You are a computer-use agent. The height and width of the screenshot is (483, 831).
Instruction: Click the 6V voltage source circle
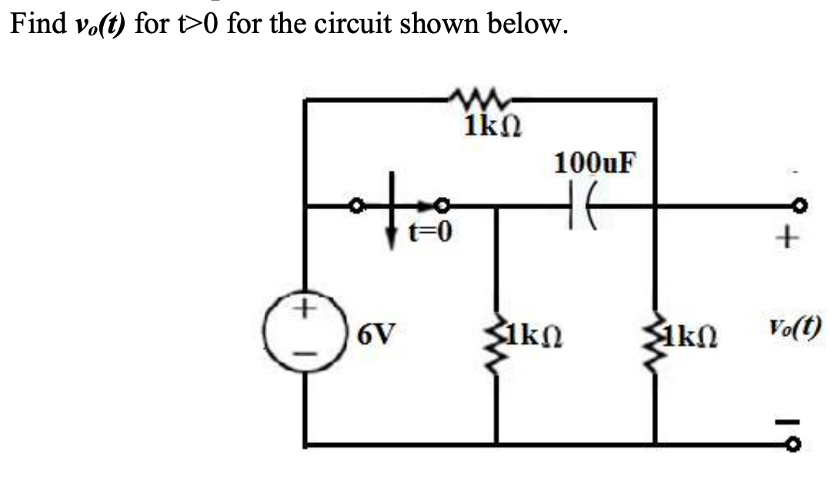(x=306, y=331)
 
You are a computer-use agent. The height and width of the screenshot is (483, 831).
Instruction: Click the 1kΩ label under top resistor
(x=492, y=125)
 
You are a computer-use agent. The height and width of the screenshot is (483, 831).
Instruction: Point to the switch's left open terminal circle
(x=355, y=206)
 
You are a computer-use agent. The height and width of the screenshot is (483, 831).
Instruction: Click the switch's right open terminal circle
(x=442, y=206)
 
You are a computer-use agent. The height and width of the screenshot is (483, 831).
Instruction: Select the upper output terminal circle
(x=801, y=206)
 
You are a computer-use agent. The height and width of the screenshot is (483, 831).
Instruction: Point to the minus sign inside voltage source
(x=305, y=355)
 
